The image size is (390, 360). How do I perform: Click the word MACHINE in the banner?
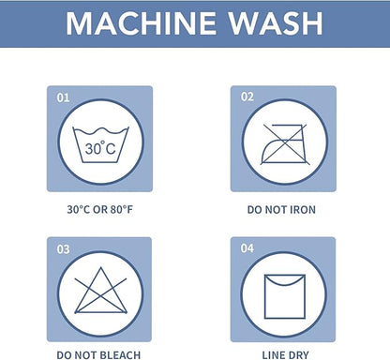(141, 23)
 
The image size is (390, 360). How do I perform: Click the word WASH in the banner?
(276, 23)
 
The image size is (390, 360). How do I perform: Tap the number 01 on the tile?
(63, 97)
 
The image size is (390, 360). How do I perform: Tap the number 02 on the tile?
(247, 97)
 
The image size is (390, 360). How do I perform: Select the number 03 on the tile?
(63, 249)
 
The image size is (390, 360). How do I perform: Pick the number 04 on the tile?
(247, 248)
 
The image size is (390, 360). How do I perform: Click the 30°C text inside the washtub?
(100, 148)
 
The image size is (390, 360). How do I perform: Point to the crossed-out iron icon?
(285, 144)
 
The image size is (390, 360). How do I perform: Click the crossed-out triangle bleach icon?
(100, 291)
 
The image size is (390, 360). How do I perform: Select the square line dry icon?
(285, 296)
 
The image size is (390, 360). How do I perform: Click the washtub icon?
(100, 144)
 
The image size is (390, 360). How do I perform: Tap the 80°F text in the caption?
(122, 209)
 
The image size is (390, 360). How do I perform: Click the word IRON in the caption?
(303, 209)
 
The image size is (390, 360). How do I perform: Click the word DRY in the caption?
(299, 355)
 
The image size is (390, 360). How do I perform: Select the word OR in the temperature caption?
(100, 209)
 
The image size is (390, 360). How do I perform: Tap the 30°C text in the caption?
(79, 209)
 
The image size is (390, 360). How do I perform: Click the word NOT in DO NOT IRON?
(277, 209)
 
